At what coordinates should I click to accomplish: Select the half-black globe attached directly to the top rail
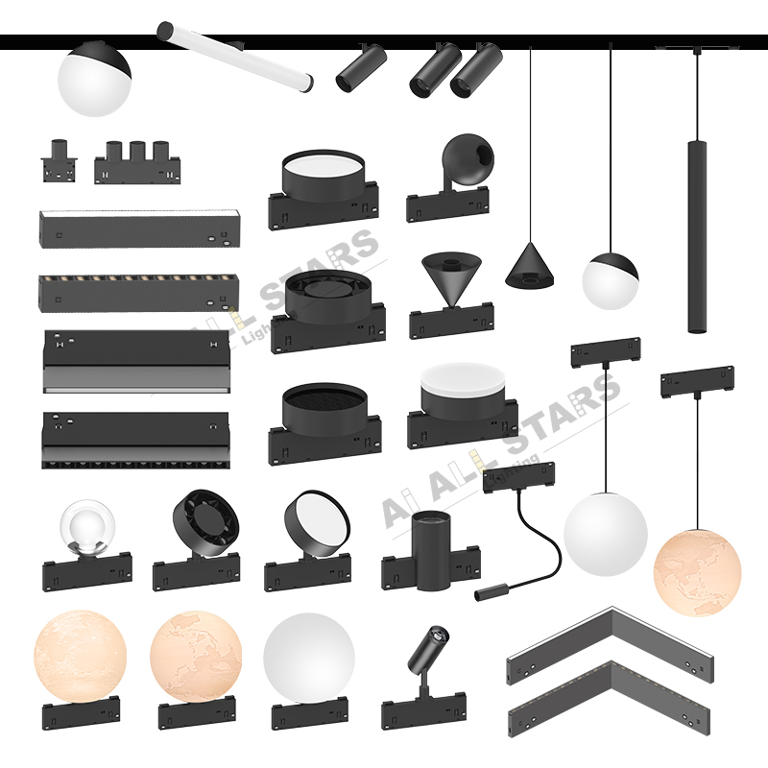[93, 79]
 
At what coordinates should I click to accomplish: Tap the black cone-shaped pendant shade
[531, 264]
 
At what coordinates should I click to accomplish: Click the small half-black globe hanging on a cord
[610, 279]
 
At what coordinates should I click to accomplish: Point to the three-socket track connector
[138, 162]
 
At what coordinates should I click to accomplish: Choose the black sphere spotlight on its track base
[467, 158]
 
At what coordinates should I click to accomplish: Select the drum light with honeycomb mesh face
[322, 407]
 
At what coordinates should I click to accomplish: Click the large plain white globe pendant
[605, 534]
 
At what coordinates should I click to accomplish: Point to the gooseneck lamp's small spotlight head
[491, 592]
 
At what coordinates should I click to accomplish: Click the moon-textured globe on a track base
[80, 657]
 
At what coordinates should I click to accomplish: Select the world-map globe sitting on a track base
[196, 657]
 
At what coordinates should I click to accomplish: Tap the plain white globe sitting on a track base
[308, 659]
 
